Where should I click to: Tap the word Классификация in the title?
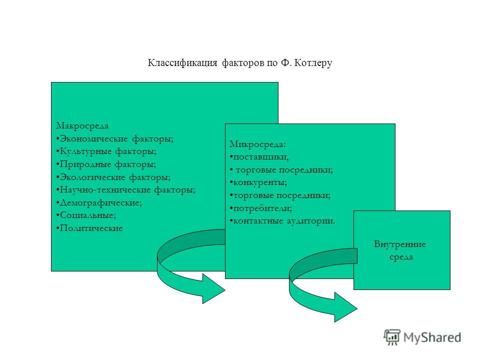[182, 63]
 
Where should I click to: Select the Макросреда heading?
[82, 126]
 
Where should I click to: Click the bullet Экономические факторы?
[115, 138]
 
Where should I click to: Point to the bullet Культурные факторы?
[106, 151]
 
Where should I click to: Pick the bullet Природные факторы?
[106, 164]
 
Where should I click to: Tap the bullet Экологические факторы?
[113, 177]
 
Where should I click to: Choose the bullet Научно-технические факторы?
[126, 190]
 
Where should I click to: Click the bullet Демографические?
[99, 202]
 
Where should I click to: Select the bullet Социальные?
[86, 215]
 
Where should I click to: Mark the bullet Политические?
[89, 228]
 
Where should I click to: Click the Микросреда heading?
[257, 144]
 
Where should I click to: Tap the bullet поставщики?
[259, 157]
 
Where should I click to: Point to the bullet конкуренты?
[258, 182]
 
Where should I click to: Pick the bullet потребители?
[261, 208]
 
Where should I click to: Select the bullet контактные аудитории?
[282, 220]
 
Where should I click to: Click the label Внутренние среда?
[400, 250]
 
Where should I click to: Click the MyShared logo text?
[432, 337]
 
